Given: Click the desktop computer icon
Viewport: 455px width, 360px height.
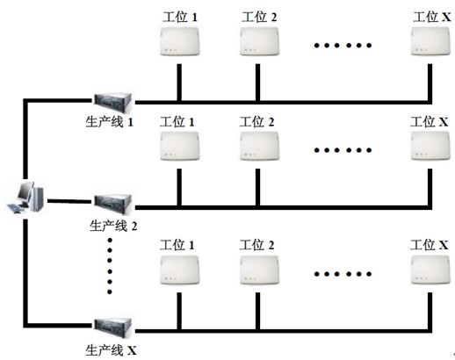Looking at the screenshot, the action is coord(25,197).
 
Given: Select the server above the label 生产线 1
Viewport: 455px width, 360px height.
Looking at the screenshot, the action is coord(112,102).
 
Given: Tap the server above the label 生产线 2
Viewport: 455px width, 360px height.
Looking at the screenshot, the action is coord(112,204).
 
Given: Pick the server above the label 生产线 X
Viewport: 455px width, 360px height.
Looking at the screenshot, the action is coord(112,328).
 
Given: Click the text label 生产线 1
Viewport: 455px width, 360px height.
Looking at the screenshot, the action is coord(110,121).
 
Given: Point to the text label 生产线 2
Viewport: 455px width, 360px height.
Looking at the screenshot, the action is coord(113,226).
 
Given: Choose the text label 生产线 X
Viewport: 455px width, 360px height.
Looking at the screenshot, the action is coord(112,350).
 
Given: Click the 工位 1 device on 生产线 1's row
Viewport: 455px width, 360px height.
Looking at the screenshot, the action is coord(180,41).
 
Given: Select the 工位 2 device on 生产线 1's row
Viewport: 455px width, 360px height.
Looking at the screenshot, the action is coord(260,41).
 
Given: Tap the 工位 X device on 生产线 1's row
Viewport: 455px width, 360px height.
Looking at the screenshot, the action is coord(430,41).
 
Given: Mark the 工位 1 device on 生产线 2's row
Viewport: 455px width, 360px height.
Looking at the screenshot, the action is coord(180,146).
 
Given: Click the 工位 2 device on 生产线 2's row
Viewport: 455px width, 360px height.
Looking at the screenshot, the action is coord(260,146).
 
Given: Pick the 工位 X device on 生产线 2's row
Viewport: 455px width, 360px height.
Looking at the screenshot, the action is coord(430,146).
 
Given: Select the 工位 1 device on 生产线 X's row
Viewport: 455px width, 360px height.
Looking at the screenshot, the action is coord(180,270).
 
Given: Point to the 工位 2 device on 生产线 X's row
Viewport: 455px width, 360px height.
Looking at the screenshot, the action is coord(260,270).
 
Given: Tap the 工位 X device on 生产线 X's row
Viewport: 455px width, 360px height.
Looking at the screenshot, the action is coord(430,270).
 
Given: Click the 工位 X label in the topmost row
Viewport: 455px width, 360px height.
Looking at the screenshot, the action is coord(432,17).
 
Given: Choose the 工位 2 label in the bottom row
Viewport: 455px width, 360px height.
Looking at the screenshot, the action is coord(257,245).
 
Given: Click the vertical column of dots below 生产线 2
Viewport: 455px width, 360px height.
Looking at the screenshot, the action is coord(110,266).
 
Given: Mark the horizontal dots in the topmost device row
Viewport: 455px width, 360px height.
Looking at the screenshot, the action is coord(343,46).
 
